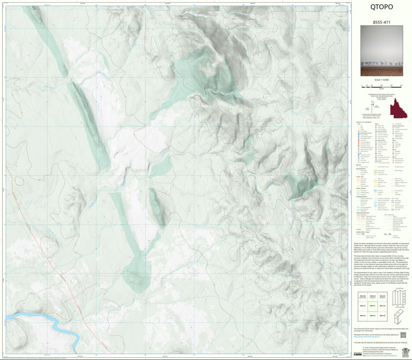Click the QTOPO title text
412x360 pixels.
click(x=381, y=7)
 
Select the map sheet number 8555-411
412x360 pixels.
click(x=381, y=22)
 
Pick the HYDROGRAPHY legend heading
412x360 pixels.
click(x=364, y=196)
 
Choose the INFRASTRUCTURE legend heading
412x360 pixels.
click(x=364, y=230)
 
